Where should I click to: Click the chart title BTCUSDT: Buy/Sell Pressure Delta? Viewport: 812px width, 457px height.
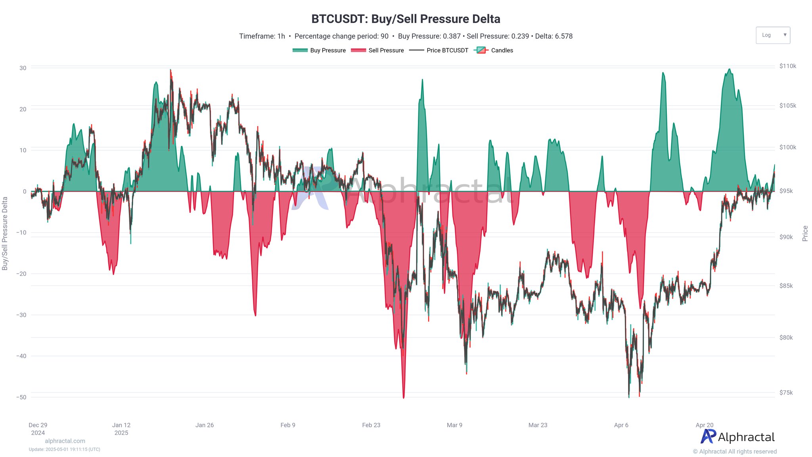[406, 19]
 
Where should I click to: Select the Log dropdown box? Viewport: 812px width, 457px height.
[772, 35]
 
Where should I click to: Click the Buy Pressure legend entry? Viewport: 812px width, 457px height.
[319, 50]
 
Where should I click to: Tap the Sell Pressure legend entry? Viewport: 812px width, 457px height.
[377, 50]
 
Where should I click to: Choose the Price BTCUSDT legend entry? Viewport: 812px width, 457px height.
[439, 50]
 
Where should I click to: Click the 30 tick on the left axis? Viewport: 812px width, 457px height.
[23, 68]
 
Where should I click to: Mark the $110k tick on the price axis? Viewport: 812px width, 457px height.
[787, 66]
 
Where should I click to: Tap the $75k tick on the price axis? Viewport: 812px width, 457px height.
[786, 393]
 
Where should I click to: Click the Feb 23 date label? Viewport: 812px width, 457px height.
[371, 425]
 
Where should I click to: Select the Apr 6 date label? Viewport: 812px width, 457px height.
[621, 425]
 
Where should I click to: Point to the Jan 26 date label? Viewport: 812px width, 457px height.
[205, 425]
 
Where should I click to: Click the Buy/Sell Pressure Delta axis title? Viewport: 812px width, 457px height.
[5, 233]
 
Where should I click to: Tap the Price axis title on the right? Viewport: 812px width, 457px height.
[805, 233]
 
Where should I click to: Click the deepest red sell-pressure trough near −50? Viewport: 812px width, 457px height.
[404, 397]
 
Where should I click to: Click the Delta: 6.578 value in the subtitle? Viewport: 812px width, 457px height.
[553, 36]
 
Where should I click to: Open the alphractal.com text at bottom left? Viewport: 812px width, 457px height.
[65, 441]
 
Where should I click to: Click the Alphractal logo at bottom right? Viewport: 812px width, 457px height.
[737, 437]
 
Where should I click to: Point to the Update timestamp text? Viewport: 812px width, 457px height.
[65, 449]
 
